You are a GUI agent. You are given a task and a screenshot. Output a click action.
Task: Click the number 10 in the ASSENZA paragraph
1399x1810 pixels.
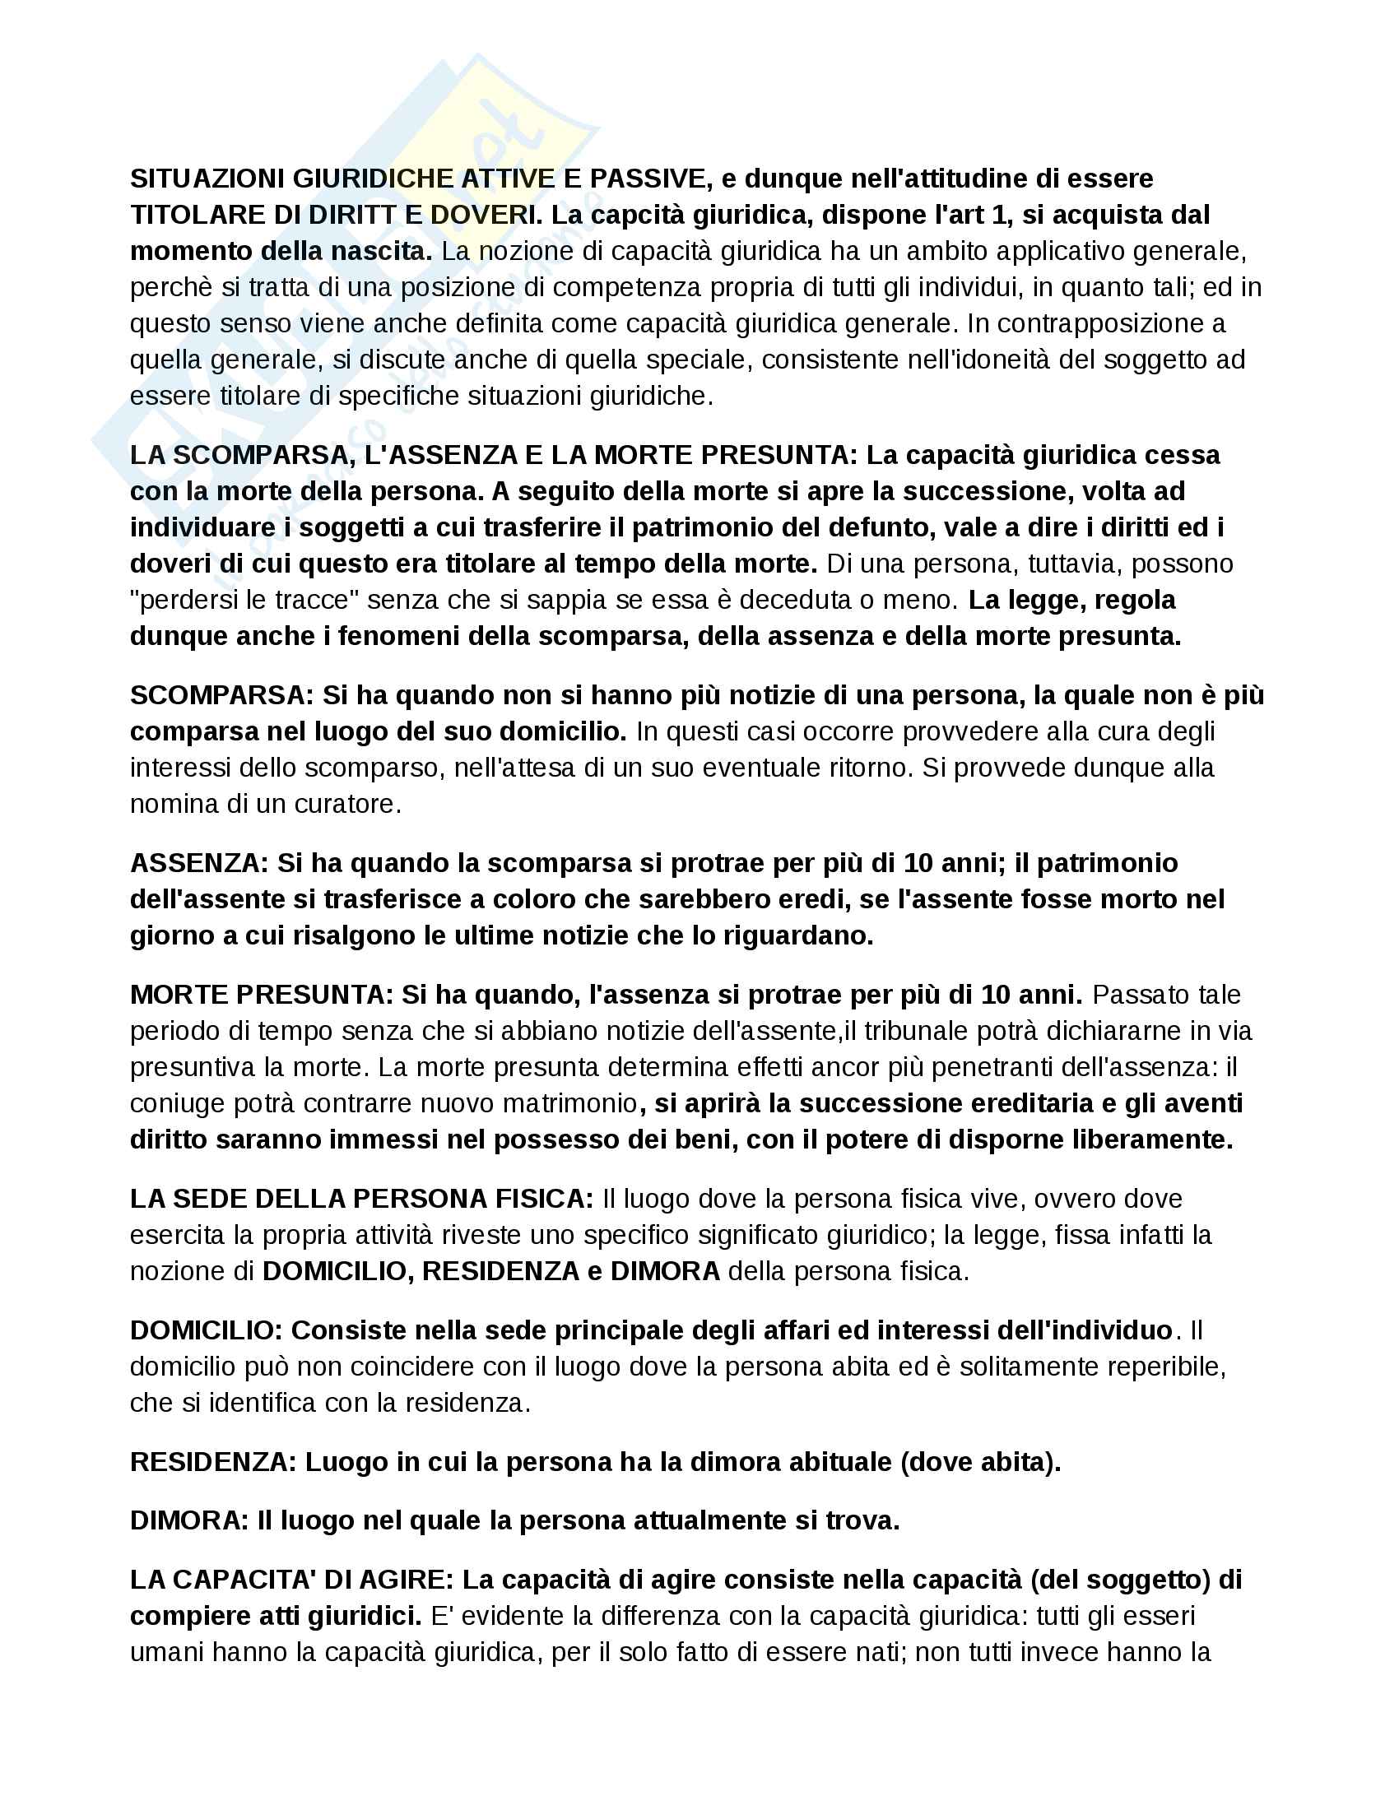tap(918, 863)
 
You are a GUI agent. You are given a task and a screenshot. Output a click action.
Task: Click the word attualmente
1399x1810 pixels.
tap(712, 1520)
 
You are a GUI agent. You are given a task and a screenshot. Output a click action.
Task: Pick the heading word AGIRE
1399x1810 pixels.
tap(407, 1580)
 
